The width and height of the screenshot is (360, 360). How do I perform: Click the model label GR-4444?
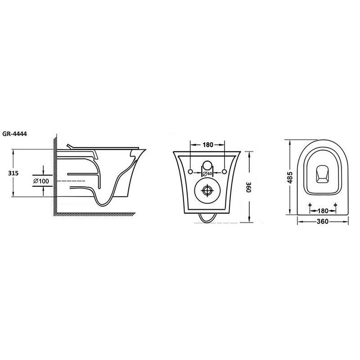[x=15, y=134]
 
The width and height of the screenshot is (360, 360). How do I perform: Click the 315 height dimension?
[x=13, y=173]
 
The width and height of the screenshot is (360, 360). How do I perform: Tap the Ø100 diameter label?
[x=41, y=181]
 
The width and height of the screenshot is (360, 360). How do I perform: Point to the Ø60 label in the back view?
[x=207, y=174]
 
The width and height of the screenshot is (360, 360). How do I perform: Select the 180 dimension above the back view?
[x=207, y=144]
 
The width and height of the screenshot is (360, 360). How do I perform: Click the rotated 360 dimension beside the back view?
[x=249, y=187]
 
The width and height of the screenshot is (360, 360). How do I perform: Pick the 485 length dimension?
[x=290, y=177]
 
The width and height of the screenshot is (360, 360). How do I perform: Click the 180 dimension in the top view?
[x=323, y=211]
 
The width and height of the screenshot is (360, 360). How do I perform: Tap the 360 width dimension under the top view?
[x=323, y=221]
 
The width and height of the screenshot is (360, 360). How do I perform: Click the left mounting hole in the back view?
[x=190, y=171]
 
